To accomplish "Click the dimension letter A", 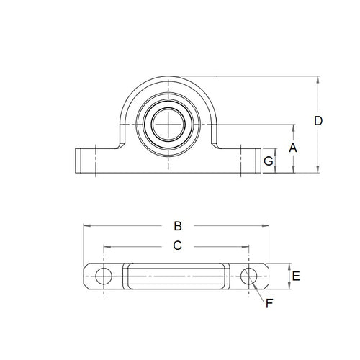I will (x=292, y=148).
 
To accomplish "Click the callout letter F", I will (x=269, y=303).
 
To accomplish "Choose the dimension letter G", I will (x=268, y=162).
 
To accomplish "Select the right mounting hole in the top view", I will (x=250, y=275).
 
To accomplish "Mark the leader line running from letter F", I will (x=260, y=292).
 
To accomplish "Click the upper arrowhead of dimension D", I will (x=318, y=78).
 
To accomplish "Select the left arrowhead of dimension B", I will (x=86, y=225).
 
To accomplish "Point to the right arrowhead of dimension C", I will (x=248, y=246).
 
